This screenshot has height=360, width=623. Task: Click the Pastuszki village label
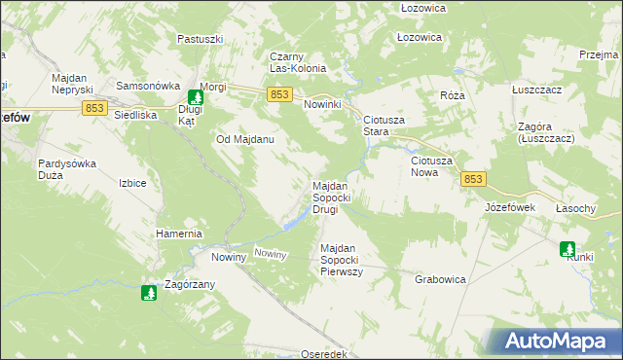(x=202, y=39)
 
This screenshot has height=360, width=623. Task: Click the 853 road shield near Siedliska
(x=94, y=108)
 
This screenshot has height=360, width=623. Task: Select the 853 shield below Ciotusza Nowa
(x=473, y=179)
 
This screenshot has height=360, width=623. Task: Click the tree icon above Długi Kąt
(x=195, y=96)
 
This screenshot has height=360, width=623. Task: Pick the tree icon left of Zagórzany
(x=149, y=292)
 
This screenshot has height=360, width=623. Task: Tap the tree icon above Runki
(x=568, y=249)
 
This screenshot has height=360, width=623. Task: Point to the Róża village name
(x=452, y=95)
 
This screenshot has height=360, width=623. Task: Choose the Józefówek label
(x=510, y=207)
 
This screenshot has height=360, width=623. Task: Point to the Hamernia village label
(x=179, y=234)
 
